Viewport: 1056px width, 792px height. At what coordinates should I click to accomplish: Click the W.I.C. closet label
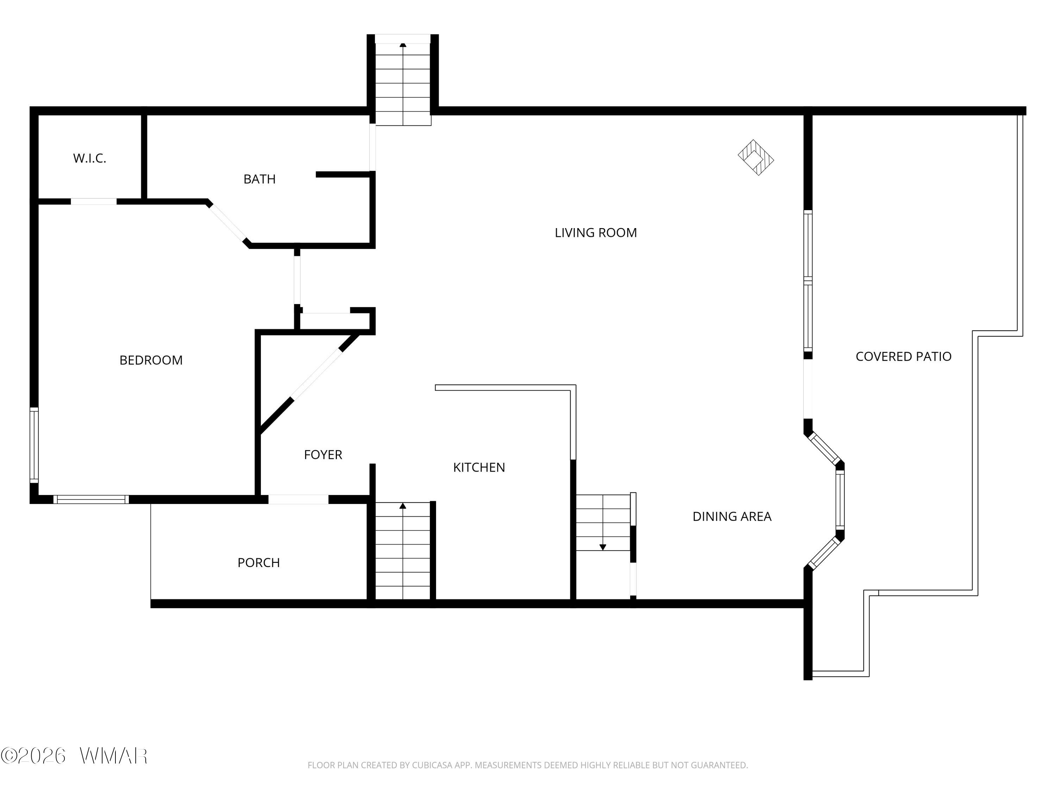tap(90, 158)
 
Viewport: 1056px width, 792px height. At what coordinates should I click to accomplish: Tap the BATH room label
tap(260, 179)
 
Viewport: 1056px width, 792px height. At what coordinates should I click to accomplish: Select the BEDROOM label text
tap(151, 360)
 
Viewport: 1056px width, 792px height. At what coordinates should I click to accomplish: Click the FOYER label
tap(323, 454)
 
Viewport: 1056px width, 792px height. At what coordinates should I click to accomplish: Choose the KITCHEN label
tap(479, 467)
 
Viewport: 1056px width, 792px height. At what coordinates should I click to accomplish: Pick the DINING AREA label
tap(732, 516)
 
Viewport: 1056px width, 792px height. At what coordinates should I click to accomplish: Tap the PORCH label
tap(259, 562)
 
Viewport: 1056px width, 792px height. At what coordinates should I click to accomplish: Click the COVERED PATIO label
tap(903, 356)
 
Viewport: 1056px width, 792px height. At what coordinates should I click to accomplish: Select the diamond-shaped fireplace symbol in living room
tap(756, 158)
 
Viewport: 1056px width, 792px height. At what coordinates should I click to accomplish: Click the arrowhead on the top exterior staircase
tap(403, 45)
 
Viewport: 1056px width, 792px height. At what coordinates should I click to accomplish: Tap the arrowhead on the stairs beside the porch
tap(403, 505)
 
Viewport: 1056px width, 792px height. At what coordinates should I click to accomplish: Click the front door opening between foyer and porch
tap(298, 499)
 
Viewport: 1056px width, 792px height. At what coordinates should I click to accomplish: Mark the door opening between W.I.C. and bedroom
tap(94, 201)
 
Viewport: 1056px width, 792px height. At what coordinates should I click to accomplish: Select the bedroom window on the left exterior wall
tap(34, 445)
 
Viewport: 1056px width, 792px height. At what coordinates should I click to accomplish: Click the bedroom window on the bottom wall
tap(91, 499)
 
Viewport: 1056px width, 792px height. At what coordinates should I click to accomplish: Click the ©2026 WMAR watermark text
tap(74, 756)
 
